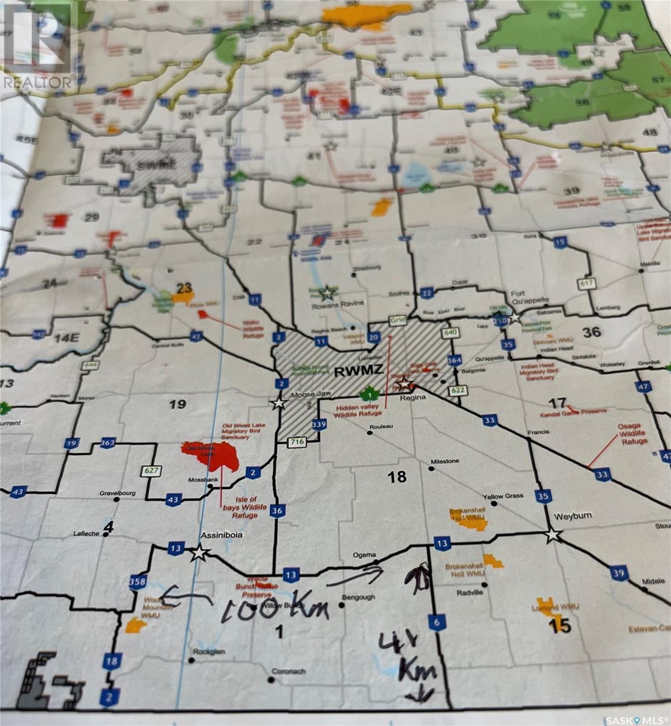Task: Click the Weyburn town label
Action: click(572, 515)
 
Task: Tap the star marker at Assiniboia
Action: click(198, 553)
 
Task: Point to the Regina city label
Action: click(414, 397)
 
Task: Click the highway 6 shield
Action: click(436, 622)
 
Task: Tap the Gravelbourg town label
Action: click(117, 493)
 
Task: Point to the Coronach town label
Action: click(288, 671)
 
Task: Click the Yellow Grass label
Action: click(502, 496)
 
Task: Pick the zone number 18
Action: click(397, 477)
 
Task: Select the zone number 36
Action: click(591, 331)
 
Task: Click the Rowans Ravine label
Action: click(327, 305)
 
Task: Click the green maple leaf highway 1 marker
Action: click(366, 395)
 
